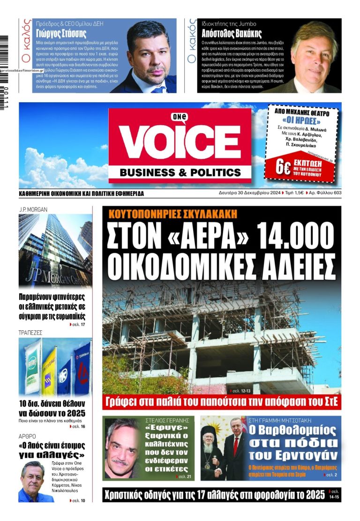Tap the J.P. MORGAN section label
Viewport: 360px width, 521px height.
pos(33,209)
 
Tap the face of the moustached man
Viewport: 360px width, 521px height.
pos(121,449)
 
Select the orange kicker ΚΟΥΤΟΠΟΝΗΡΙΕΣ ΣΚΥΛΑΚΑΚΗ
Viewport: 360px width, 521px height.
pos(172,214)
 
